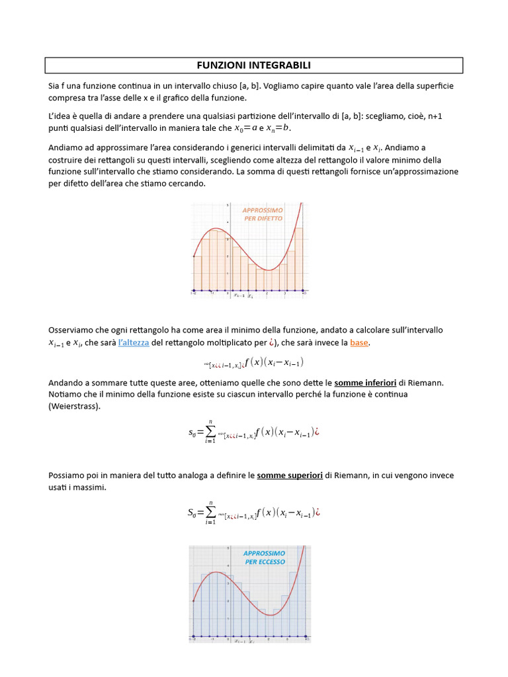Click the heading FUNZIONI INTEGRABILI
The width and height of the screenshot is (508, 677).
254,65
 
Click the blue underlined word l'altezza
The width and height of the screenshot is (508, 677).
133,342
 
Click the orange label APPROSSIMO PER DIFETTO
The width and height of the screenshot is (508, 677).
263,214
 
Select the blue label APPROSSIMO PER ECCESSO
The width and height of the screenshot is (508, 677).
264,557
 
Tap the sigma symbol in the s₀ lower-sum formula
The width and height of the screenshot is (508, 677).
210,432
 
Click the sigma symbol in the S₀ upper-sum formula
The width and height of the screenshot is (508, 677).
210,512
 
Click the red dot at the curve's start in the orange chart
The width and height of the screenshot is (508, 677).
193,256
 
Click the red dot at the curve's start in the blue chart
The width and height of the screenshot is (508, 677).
193,601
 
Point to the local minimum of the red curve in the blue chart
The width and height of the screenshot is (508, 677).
271,615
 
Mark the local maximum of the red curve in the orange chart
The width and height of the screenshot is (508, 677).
216,229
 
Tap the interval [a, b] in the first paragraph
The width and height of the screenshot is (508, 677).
250,86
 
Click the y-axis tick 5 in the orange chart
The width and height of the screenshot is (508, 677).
228,206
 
